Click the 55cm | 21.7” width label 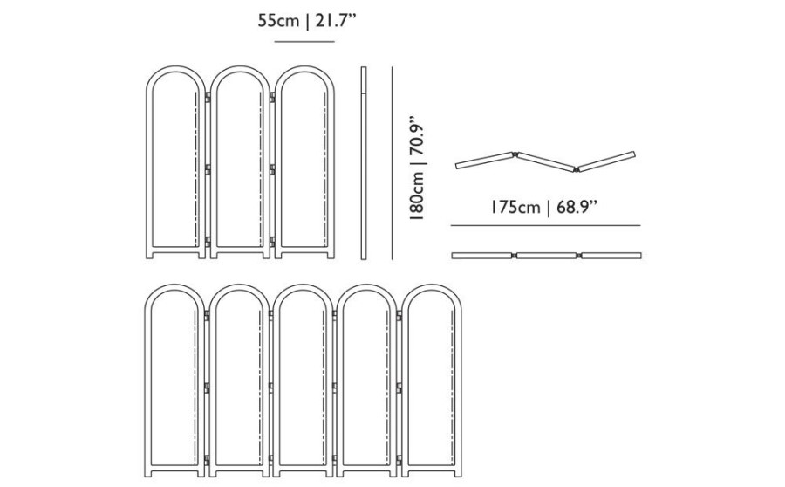point(306,21)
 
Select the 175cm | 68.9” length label point(543,207)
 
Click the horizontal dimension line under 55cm point(304,42)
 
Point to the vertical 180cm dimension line point(392,163)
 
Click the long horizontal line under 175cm point(545,225)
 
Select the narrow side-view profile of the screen point(364,163)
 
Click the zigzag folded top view point(545,161)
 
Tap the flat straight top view point(546,256)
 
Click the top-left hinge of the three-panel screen point(208,97)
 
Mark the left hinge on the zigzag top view point(515,154)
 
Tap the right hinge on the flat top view point(578,256)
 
